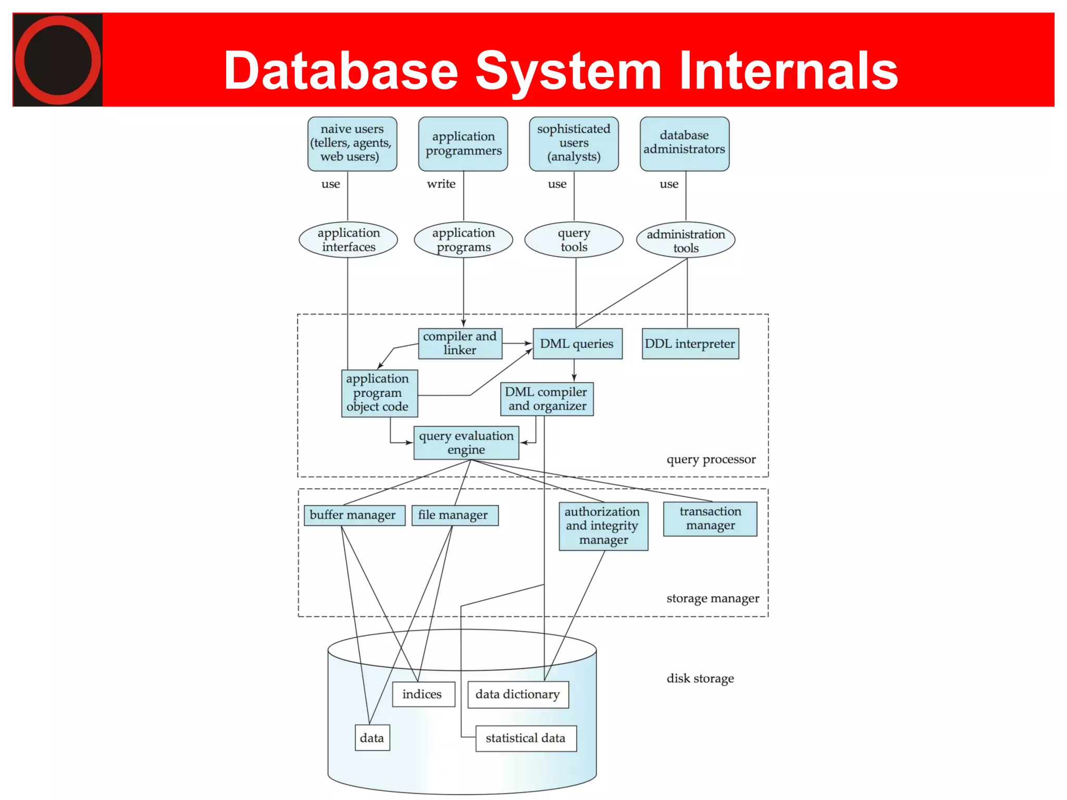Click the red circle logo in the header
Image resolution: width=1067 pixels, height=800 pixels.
(57, 60)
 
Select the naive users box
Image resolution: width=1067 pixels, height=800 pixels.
(352, 143)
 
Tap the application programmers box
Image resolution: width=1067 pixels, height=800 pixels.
(463, 143)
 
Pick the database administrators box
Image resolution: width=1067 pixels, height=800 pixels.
(684, 143)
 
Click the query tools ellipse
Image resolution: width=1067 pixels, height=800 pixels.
(574, 240)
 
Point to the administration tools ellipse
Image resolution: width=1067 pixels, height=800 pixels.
(686, 241)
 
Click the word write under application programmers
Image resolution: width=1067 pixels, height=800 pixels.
(441, 184)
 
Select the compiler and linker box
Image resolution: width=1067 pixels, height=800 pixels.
(460, 343)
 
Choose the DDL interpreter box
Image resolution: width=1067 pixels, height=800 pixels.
(690, 344)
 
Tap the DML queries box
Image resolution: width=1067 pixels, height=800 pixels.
(577, 344)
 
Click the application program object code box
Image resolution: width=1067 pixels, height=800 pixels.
(379, 393)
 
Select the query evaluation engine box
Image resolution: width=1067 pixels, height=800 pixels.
(466, 443)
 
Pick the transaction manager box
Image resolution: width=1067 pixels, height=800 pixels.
(710, 519)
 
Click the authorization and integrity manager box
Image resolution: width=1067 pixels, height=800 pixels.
(603, 526)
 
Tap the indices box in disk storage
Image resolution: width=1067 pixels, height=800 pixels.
(423, 694)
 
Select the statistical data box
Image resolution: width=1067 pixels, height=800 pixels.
(526, 738)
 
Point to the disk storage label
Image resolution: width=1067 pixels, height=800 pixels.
(700, 678)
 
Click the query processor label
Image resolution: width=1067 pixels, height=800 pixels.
(711, 459)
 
